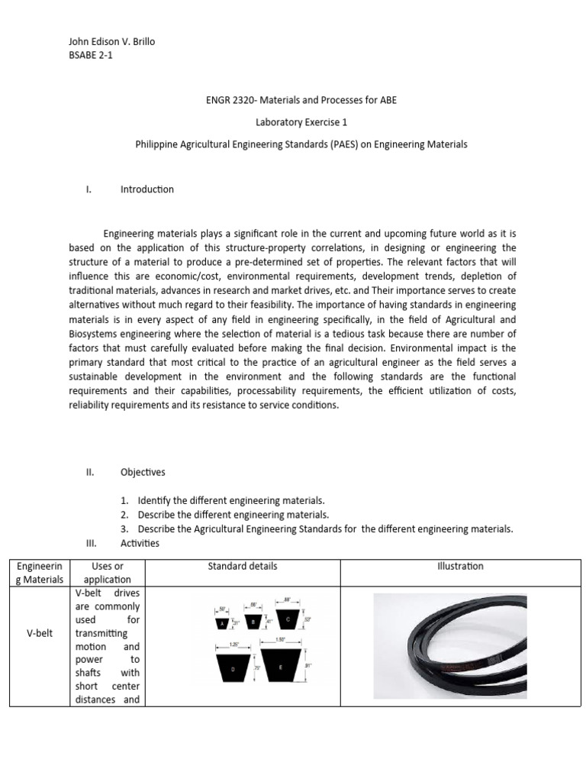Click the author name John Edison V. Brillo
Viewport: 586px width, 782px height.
(x=111, y=41)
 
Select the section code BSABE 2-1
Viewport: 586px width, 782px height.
(x=91, y=55)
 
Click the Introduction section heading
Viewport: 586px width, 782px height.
(x=146, y=189)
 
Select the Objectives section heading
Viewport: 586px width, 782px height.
(x=143, y=472)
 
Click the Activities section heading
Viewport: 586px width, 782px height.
(x=140, y=543)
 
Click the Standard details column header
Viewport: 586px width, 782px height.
(x=242, y=566)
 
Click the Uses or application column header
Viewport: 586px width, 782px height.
(x=107, y=573)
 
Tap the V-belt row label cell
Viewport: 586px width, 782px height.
(x=39, y=633)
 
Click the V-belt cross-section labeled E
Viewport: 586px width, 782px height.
(x=281, y=667)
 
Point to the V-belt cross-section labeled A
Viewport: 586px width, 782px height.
(x=223, y=623)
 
